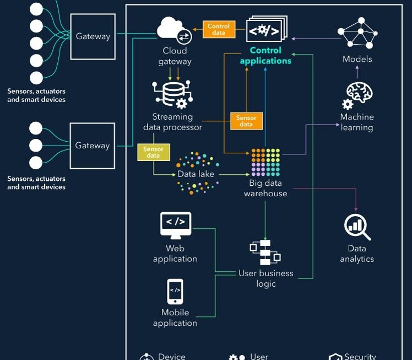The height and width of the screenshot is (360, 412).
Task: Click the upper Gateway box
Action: [93, 36]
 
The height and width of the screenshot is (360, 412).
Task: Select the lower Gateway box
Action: [93, 146]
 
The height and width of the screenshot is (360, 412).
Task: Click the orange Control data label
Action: [219, 30]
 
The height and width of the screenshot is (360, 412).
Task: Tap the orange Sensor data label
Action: [246, 121]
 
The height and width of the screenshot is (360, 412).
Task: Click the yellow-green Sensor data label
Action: [153, 152]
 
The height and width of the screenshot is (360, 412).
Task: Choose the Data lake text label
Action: [196, 174]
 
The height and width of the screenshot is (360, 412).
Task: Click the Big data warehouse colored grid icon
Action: [265, 162]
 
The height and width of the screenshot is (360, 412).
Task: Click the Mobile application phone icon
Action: [175, 292]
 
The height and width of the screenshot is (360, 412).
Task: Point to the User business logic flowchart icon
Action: [265, 252]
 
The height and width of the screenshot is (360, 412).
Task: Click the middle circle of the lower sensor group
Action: [36, 146]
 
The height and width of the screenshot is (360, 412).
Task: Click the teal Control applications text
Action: [265, 56]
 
